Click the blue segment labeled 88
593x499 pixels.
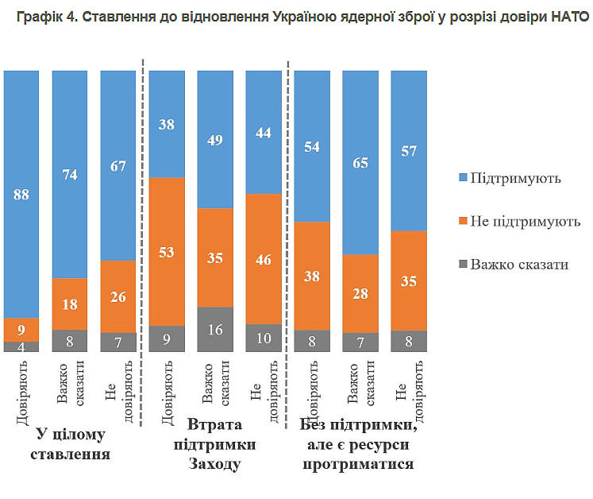click(22, 194)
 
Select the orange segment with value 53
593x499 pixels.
click(167, 251)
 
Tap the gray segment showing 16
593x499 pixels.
click(216, 329)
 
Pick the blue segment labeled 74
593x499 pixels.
click(71, 174)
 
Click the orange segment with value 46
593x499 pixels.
click(264, 258)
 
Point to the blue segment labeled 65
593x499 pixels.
click(361, 162)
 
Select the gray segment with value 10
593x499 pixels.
click(264, 338)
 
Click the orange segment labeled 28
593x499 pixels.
click(361, 292)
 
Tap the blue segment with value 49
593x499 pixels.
click(216, 139)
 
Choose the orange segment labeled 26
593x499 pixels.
click(119, 296)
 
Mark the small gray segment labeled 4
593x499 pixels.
click(22, 346)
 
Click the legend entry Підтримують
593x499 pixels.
click(515, 177)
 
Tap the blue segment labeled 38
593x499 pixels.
click(167, 124)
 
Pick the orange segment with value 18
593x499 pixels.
click(71, 304)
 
